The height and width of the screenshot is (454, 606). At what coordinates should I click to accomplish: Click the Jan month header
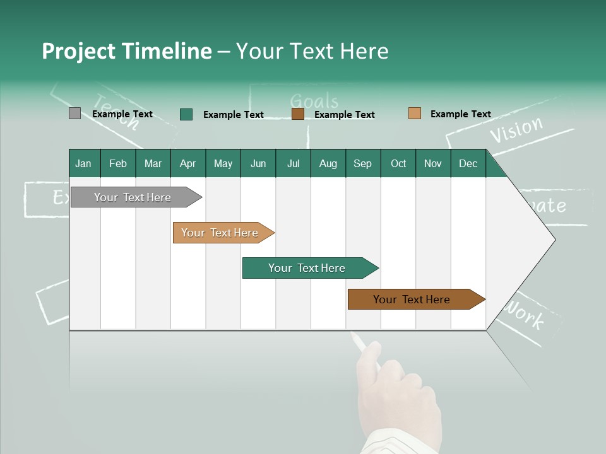point(84,163)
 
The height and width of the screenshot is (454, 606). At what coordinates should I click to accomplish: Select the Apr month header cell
point(188,163)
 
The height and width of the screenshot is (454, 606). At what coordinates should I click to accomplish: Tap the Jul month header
point(293,163)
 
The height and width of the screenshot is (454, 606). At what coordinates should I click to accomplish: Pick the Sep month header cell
point(363,163)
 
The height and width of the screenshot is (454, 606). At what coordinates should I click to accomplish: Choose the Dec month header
point(468,163)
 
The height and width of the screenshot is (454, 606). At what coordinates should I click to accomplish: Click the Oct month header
point(398,163)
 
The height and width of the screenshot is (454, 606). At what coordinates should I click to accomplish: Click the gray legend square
point(74,113)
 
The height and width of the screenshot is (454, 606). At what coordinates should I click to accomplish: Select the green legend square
point(186,114)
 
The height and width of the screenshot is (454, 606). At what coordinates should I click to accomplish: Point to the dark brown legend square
point(298,114)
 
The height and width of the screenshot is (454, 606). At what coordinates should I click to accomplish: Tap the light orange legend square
point(415,113)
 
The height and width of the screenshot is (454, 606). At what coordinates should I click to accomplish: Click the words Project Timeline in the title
point(127,51)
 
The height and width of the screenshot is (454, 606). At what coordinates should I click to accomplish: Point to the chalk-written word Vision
point(516,130)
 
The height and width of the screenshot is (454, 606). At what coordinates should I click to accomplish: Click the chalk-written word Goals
point(314,101)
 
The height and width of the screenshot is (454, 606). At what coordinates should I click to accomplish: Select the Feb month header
point(118,163)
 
